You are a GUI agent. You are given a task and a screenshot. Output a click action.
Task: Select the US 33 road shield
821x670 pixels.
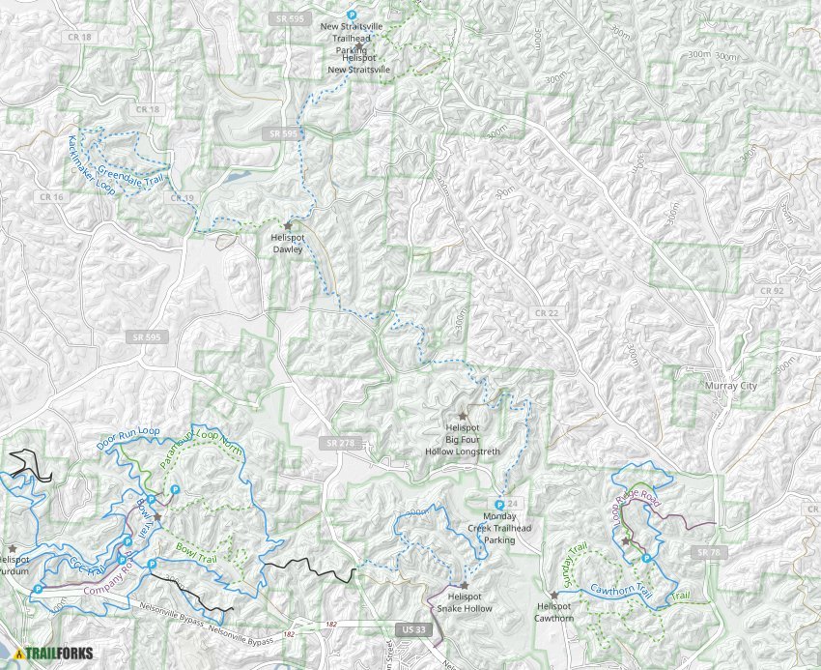[x=410, y=629]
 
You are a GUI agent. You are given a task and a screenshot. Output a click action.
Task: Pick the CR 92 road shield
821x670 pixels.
[x=771, y=289]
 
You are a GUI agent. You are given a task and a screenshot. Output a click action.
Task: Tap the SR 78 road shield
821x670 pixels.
[x=708, y=551]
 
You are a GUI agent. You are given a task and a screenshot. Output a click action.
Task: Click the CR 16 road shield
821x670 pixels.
[x=51, y=196]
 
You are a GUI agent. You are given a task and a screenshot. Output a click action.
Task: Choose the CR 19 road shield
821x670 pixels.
[x=183, y=197]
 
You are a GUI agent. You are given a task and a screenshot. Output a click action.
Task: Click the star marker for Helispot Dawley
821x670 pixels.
[x=288, y=225]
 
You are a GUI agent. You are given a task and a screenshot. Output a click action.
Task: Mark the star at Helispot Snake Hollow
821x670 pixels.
[x=465, y=584]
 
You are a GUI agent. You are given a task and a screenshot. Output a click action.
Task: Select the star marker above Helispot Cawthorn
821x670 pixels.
[x=553, y=595]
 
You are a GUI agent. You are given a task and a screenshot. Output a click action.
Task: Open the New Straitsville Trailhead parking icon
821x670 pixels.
[x=352, y=15]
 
